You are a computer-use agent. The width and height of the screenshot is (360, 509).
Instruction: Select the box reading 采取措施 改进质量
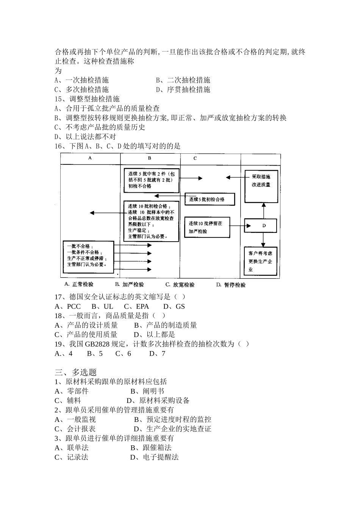[x=261, y=181]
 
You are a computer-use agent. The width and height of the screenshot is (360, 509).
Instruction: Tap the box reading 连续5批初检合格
[x=209, y=199]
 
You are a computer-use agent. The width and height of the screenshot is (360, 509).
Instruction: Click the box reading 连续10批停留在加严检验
[x=207, y=227]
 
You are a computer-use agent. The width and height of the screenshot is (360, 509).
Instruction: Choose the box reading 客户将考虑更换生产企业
[x=261, y=262]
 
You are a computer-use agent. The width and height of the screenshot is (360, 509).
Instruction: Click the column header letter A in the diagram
[x=90, y=158]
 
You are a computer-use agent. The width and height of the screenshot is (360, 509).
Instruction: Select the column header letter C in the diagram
[x=195, y=158]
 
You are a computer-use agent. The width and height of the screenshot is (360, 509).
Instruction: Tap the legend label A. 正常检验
[x=79, y=284]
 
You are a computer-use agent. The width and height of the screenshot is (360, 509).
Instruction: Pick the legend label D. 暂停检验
[x=231, y=285]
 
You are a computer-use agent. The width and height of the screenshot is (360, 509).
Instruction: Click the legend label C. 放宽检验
[x=180, y=285]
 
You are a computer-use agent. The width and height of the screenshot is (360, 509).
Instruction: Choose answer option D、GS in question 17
[x=174, y=306]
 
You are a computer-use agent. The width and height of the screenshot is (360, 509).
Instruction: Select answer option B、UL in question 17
[x=103, y=306]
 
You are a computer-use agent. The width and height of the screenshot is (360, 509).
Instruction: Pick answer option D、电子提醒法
[x=154, y=457]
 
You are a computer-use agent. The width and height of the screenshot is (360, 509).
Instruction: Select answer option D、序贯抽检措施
[x=183, y=89]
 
